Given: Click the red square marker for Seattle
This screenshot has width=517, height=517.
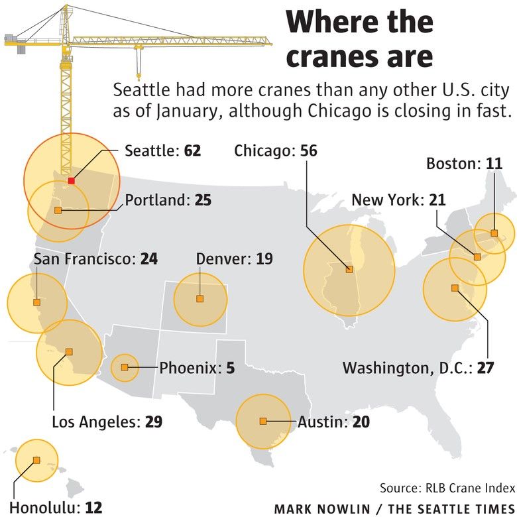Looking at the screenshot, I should pos(72,180).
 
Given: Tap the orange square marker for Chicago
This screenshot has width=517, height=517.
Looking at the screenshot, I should pos(349,269).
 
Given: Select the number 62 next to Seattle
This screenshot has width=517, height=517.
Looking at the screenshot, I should pos(192,151).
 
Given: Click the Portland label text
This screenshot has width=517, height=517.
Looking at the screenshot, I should pos(157,200).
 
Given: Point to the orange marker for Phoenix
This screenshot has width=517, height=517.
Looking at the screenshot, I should pos(125,367).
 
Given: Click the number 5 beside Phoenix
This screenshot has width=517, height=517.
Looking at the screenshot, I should pos(230,367).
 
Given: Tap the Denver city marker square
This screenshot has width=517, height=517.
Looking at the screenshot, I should pos(200,299).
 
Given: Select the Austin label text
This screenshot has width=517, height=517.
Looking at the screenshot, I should pos(322,422).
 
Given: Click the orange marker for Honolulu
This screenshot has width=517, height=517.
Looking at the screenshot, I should pos(36,459).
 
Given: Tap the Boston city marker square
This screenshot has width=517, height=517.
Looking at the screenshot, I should pos(494,233).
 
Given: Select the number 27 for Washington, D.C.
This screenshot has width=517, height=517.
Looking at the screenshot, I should pos(485,368).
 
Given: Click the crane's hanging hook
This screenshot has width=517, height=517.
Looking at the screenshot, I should pos(139,73).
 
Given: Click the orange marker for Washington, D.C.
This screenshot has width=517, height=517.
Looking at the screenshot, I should pos(455,288).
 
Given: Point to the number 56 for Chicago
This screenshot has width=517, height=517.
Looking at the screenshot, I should pos(308,151).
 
